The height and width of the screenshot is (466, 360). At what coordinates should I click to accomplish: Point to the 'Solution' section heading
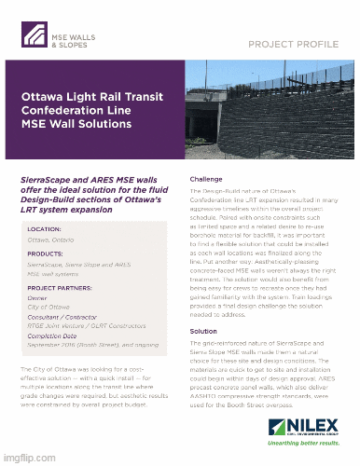pos(203,331)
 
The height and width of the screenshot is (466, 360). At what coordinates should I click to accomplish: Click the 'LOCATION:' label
pos(45,228)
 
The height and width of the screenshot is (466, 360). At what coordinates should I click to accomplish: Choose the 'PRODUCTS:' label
pos(46,254)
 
